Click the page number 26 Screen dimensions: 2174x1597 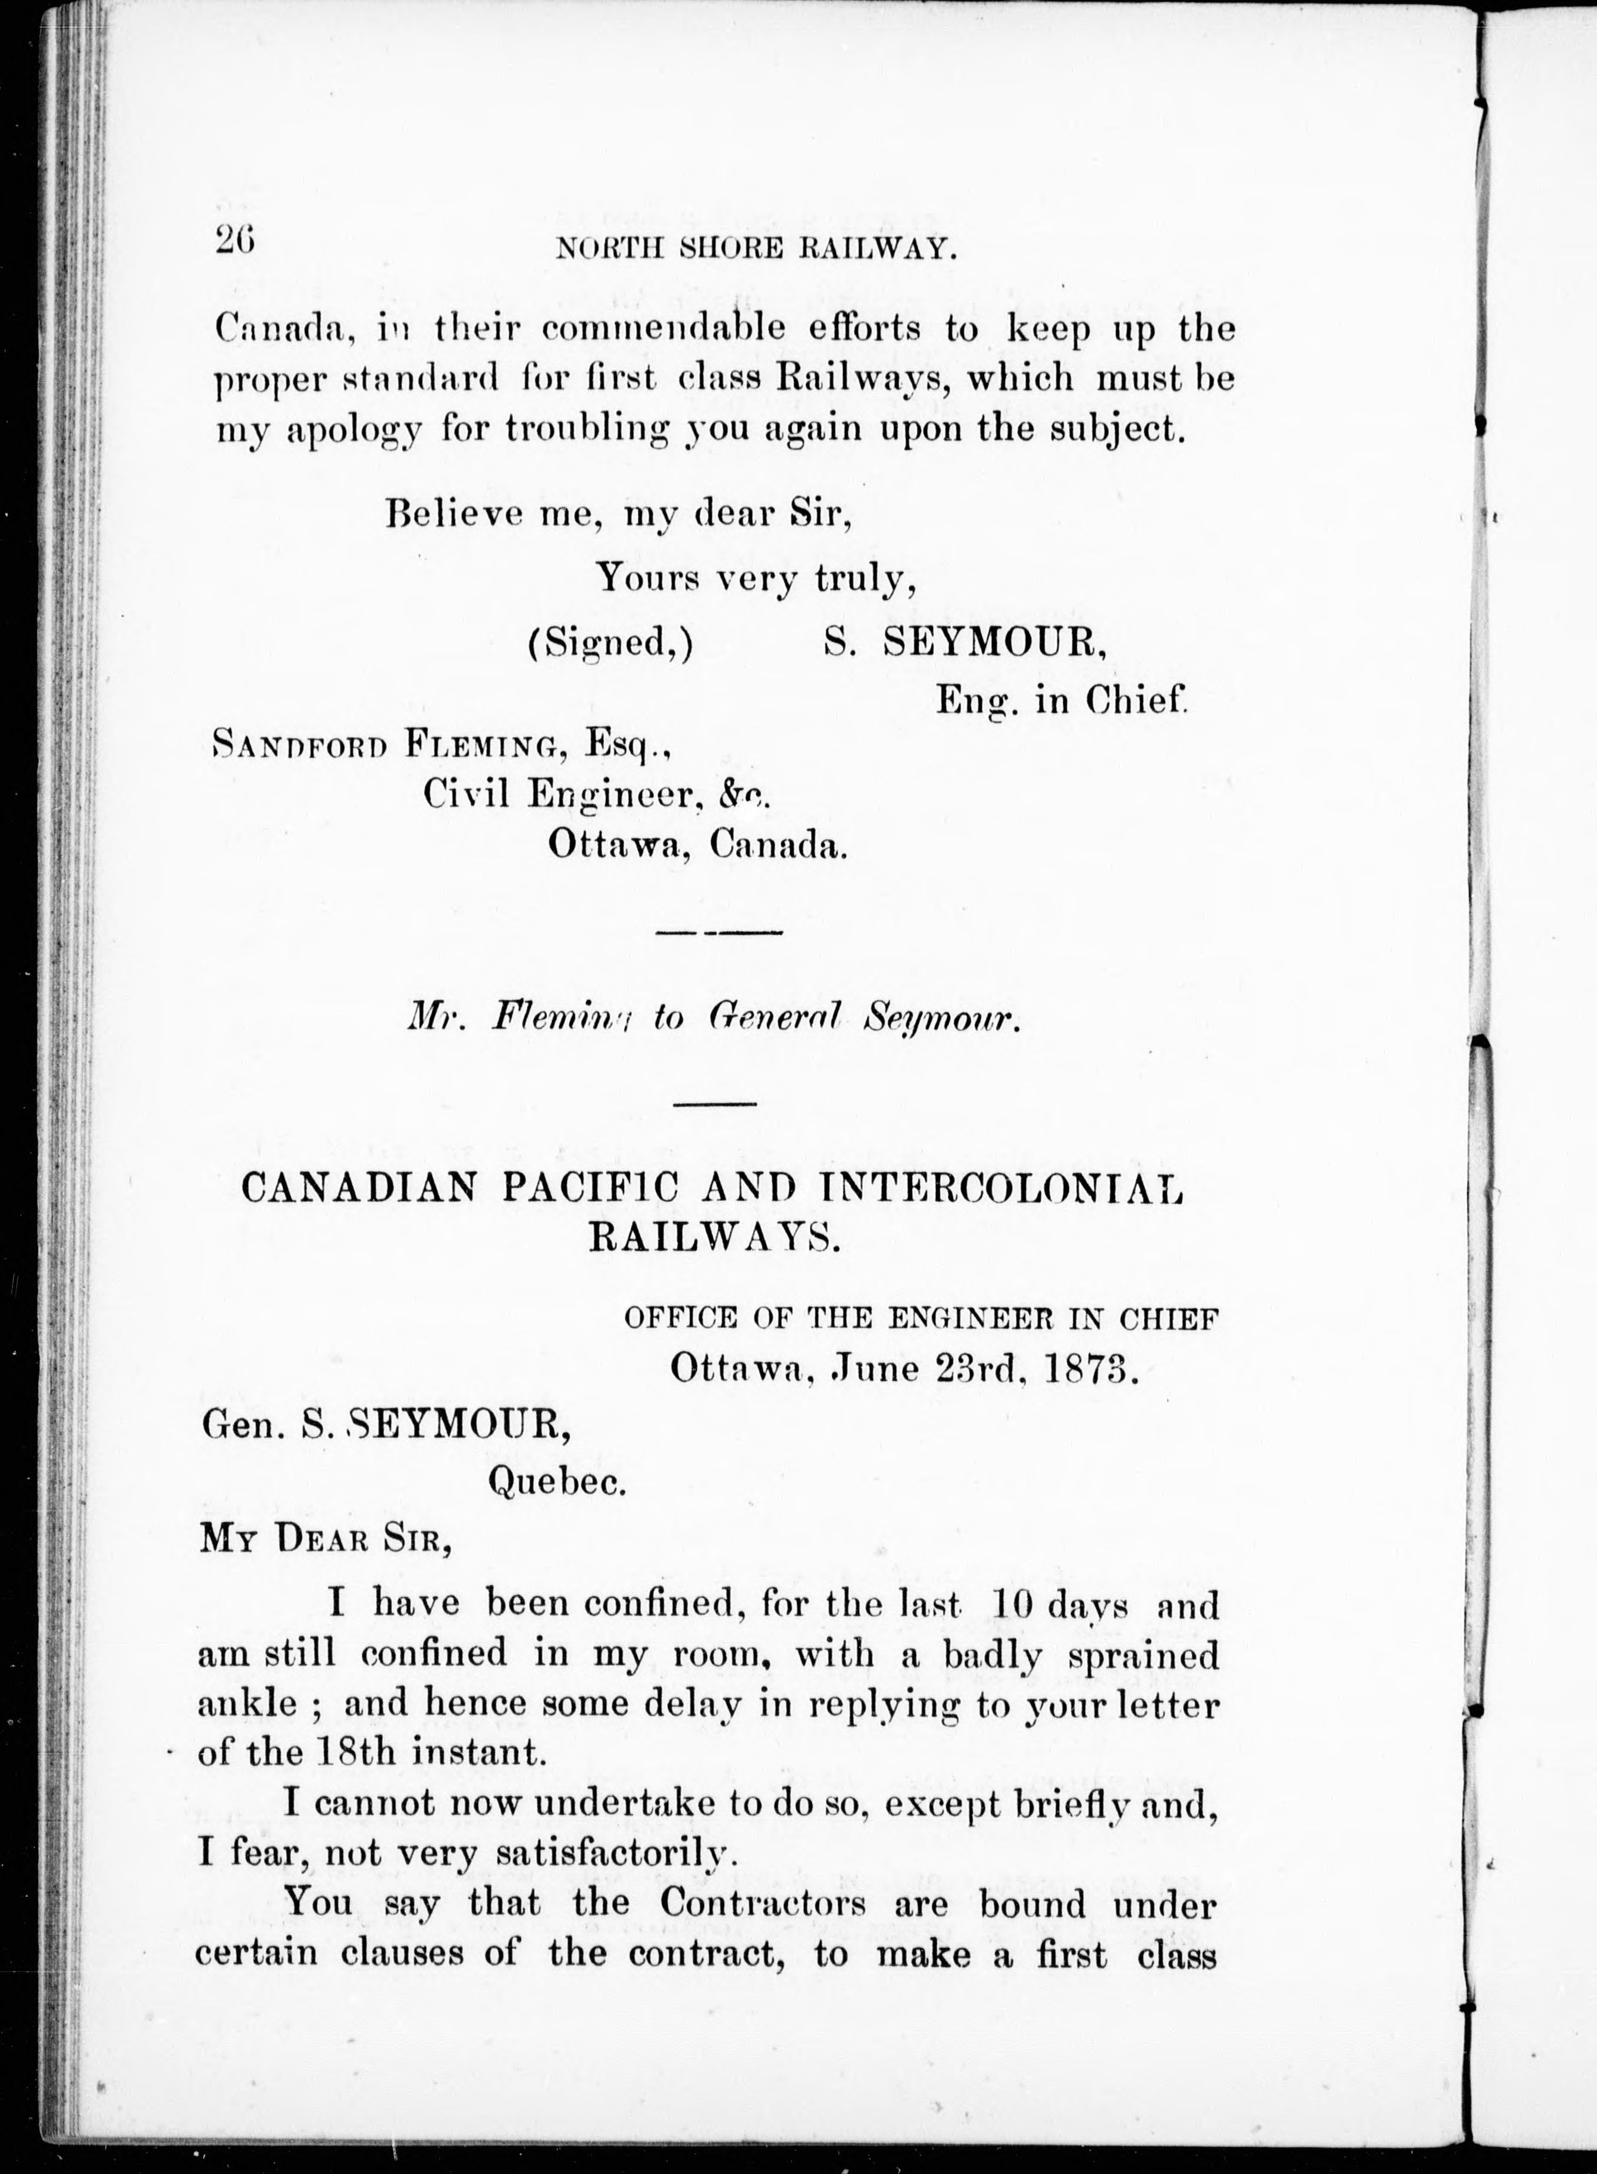[235, 238]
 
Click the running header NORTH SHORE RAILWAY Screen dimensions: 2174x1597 [756, 249]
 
